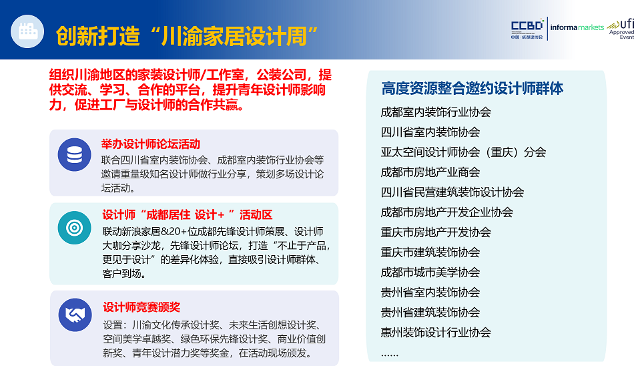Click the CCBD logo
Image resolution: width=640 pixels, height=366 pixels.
tap(527, 29)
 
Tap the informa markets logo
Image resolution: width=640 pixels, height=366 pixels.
tap(577, 27)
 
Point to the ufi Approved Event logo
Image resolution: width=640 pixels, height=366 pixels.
tap(621, 29)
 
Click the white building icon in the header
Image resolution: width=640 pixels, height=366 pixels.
tap(27, 31)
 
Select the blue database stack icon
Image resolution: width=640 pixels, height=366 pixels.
tap(74, 154)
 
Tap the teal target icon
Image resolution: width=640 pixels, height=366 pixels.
tap(74, 228)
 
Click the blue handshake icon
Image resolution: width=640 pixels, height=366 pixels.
tap(75, 315)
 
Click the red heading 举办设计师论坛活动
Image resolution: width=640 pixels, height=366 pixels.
tap(151, 144)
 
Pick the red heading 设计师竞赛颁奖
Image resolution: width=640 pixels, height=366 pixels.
tap(141, 307)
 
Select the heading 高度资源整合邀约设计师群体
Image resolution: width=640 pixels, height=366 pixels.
tap(472, 88)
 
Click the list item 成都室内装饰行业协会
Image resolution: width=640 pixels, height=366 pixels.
tap(436, 112)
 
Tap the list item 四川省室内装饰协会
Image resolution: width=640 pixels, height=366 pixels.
tap(430, 132)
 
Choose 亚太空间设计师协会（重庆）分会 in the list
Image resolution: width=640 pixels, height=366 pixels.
tap(463, 152)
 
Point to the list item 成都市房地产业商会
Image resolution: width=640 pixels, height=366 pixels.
tap(430, 172)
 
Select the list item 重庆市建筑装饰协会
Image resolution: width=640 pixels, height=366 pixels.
tap(430, 252)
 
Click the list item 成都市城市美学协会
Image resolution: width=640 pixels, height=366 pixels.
tap(430, 272)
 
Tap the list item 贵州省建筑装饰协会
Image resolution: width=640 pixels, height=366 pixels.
tap(430, 312)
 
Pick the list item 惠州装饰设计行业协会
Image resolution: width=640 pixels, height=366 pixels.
tap(436, 332)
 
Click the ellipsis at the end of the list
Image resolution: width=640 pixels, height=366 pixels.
tap(389, 355)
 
